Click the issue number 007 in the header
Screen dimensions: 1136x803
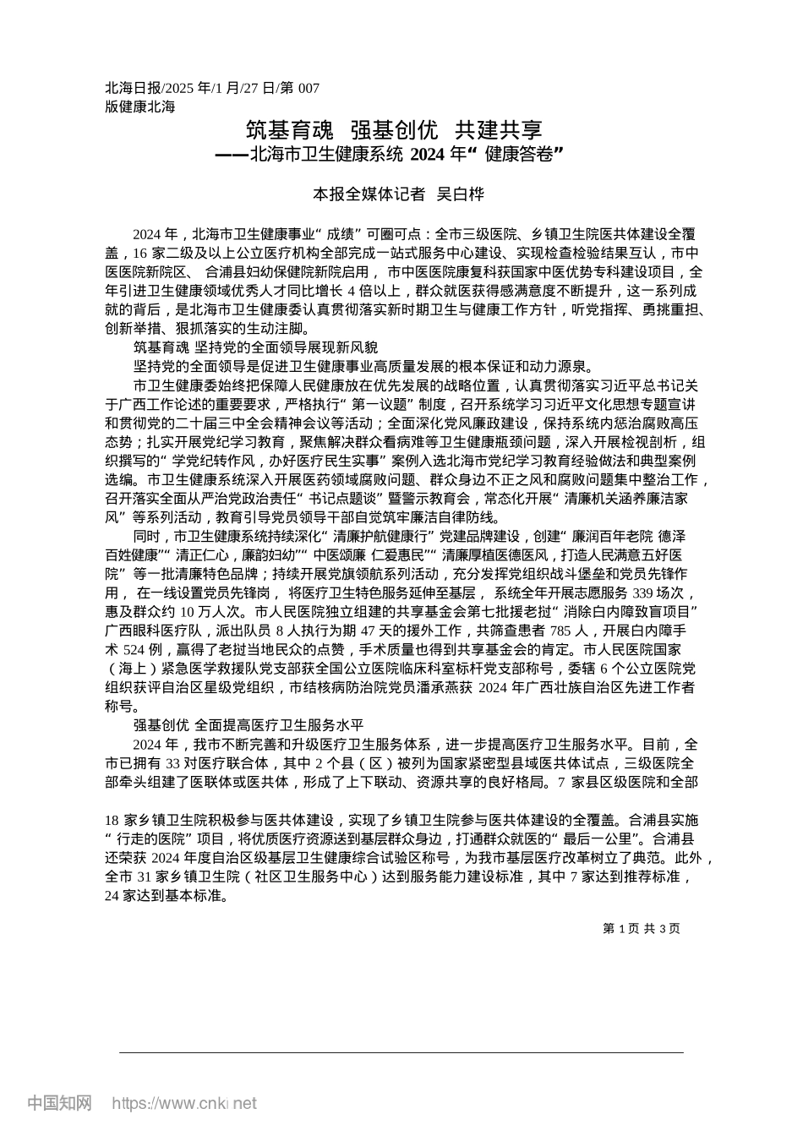pos(309,88)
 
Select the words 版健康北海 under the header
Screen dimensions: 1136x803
pos(139,106)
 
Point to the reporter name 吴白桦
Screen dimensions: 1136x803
pos(460,194)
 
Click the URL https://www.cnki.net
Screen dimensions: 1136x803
pos(184,1103)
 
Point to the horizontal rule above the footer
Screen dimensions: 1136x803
pos(401,1052)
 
